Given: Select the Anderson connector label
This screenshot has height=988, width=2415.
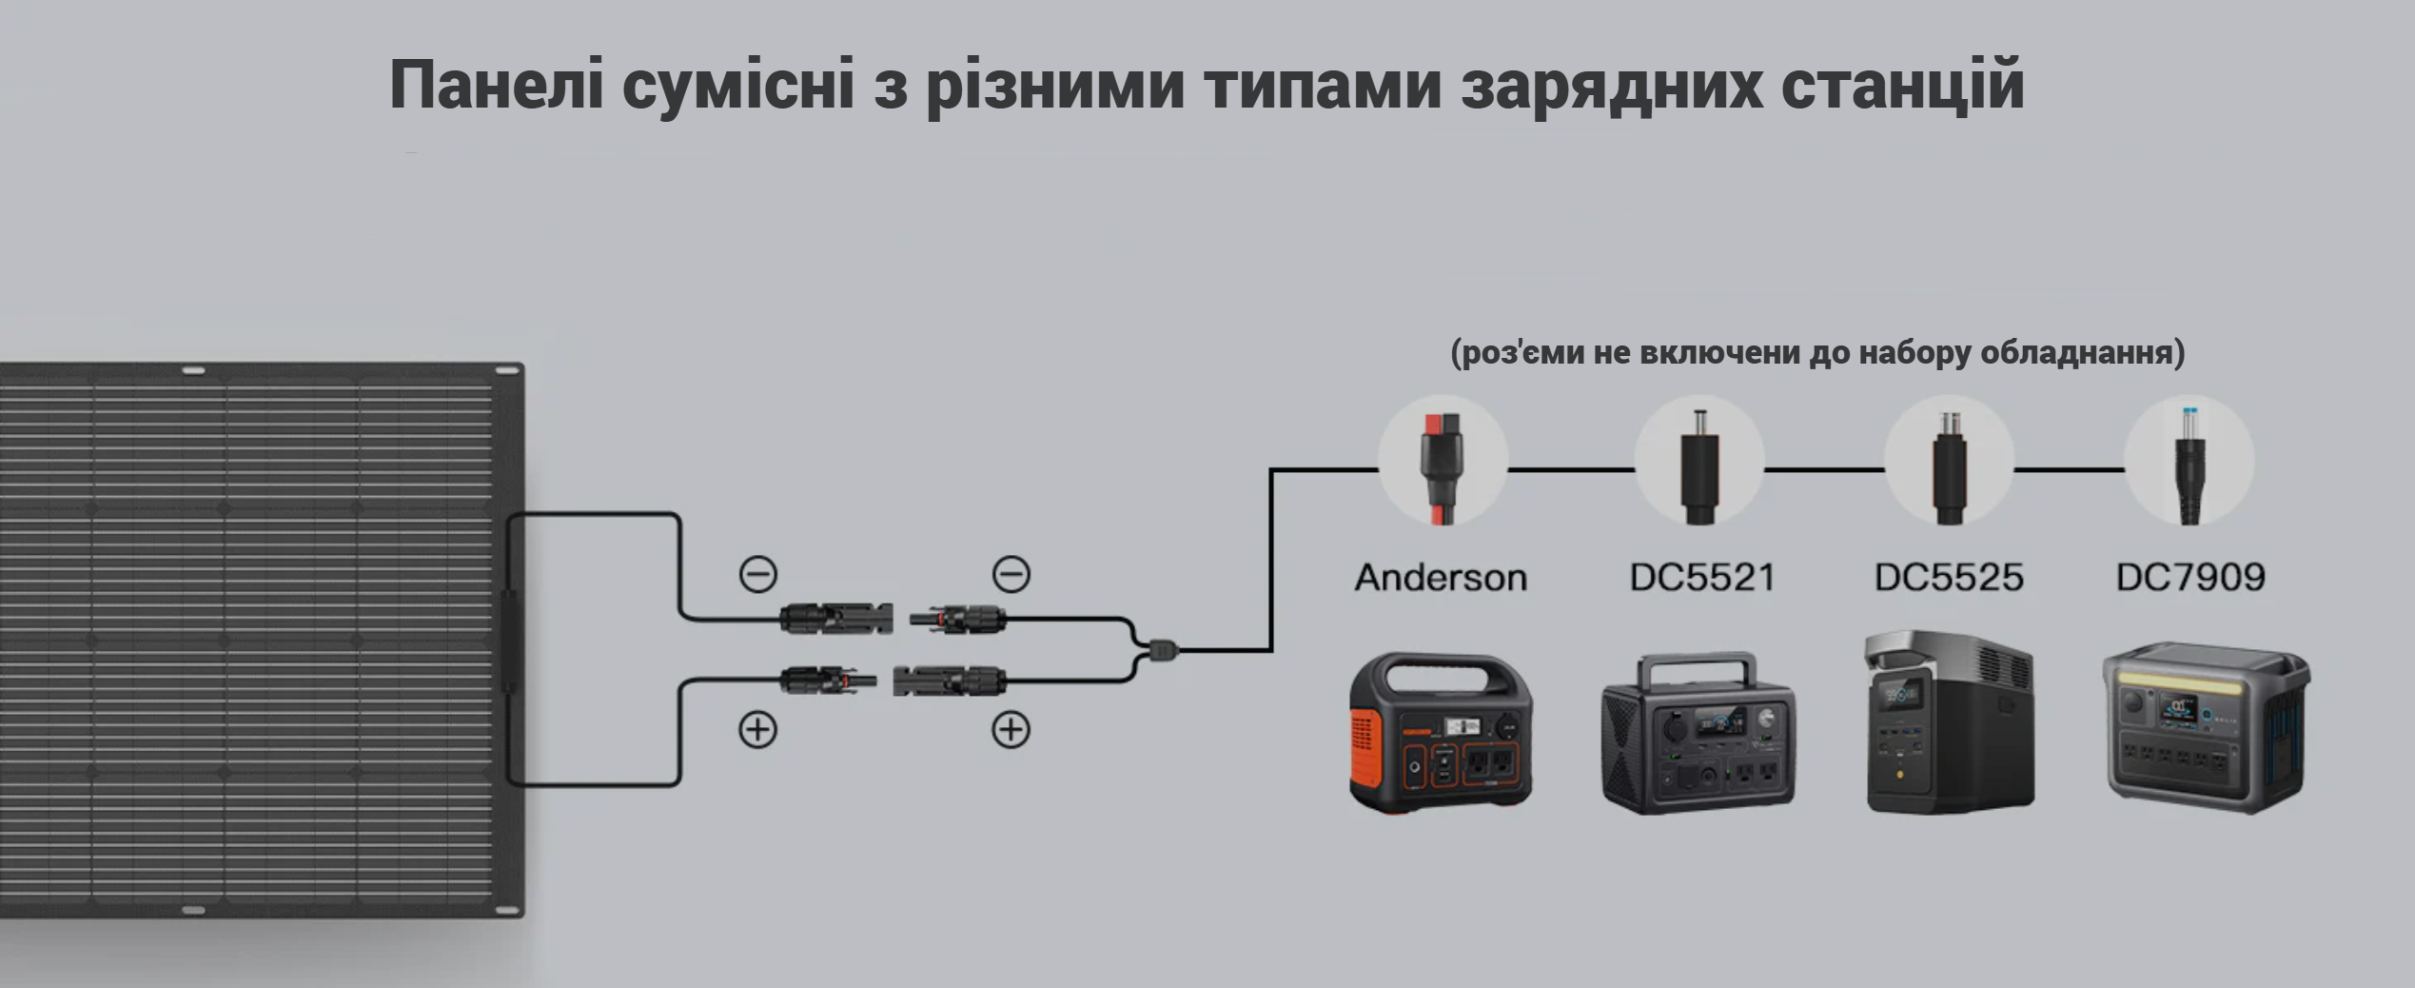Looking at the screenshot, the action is click(x=1441, y=578).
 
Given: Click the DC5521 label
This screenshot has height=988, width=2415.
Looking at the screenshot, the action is click(x=1702, y=578).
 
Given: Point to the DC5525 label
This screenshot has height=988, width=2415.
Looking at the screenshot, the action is click(x=1949, y=578).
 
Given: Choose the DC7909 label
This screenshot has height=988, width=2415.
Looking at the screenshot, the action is click(x=2190, y=578).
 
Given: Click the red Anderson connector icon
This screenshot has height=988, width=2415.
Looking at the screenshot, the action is click(x=1443, y=468).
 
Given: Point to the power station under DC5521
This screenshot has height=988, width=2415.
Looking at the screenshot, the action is click(x=1698, y=733).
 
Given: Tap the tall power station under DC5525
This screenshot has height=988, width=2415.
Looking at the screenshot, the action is click(x=1951, y=721).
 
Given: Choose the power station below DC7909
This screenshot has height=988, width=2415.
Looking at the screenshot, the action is click(x=2206, y=728).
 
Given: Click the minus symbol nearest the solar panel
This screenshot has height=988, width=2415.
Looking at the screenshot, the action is click(x=758, y=574).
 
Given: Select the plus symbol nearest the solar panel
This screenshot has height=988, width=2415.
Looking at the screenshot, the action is click(x=758, y=730).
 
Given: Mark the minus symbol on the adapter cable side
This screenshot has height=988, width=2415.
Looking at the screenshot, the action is click(x=1011, y=574).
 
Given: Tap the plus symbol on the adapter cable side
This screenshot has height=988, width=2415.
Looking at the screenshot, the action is click(x=1011, y=730).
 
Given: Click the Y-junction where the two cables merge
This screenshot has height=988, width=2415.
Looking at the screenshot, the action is click(x=1162, y=651).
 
